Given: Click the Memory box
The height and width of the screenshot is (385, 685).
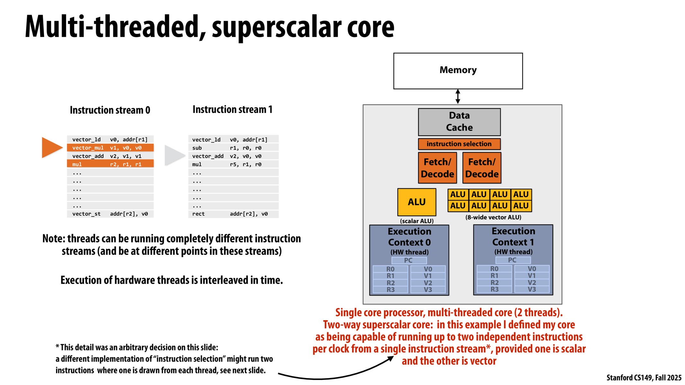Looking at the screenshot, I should click(x=458, y=71).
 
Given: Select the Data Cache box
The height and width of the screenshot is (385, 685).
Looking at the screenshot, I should click(x=459, y=122).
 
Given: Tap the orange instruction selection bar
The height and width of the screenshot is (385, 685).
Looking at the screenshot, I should click(x=459, y=144).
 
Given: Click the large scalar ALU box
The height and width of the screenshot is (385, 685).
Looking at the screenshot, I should click(x=417, y=202).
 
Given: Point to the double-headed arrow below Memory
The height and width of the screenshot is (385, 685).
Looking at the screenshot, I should click(x=458, y=96).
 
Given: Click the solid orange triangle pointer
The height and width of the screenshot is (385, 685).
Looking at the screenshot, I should click(x=51, y=148).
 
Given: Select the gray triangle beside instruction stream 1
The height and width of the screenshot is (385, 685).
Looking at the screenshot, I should click(x=174, y=156).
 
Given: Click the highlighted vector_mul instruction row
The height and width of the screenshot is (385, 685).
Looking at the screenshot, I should click(x=110, y=148).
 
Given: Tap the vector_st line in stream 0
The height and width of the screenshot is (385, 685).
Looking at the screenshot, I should click(x=110, y=214).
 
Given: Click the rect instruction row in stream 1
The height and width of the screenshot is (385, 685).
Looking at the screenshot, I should click(x=233, y=214).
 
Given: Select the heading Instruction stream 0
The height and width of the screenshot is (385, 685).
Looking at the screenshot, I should click(x=110, y=110).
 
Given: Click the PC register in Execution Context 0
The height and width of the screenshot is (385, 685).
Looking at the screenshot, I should click(x=408, y=261).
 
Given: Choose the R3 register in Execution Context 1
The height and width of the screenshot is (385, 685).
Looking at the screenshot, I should click(x=494, y=289).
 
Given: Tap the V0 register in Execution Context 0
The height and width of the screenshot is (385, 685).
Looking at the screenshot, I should click(x=428, y=269).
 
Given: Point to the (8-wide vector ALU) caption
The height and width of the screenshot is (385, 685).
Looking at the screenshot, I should click(x=493, y=218).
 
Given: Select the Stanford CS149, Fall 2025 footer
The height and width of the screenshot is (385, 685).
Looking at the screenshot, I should click(x=644, y=378).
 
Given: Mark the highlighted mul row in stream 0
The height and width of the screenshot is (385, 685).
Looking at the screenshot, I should click(x=110, y=164).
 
